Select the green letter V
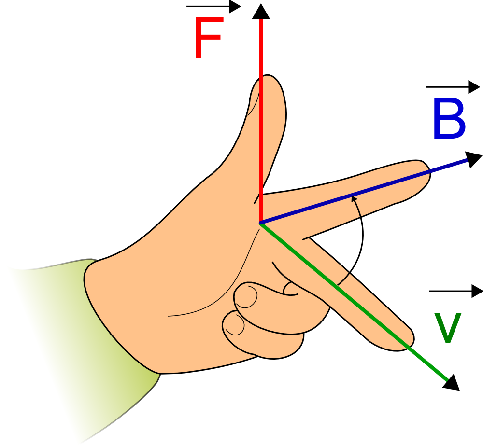point(448,328)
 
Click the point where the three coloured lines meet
point(261,223)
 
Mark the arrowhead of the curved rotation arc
point(354,197)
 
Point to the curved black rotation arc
point(361,241)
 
